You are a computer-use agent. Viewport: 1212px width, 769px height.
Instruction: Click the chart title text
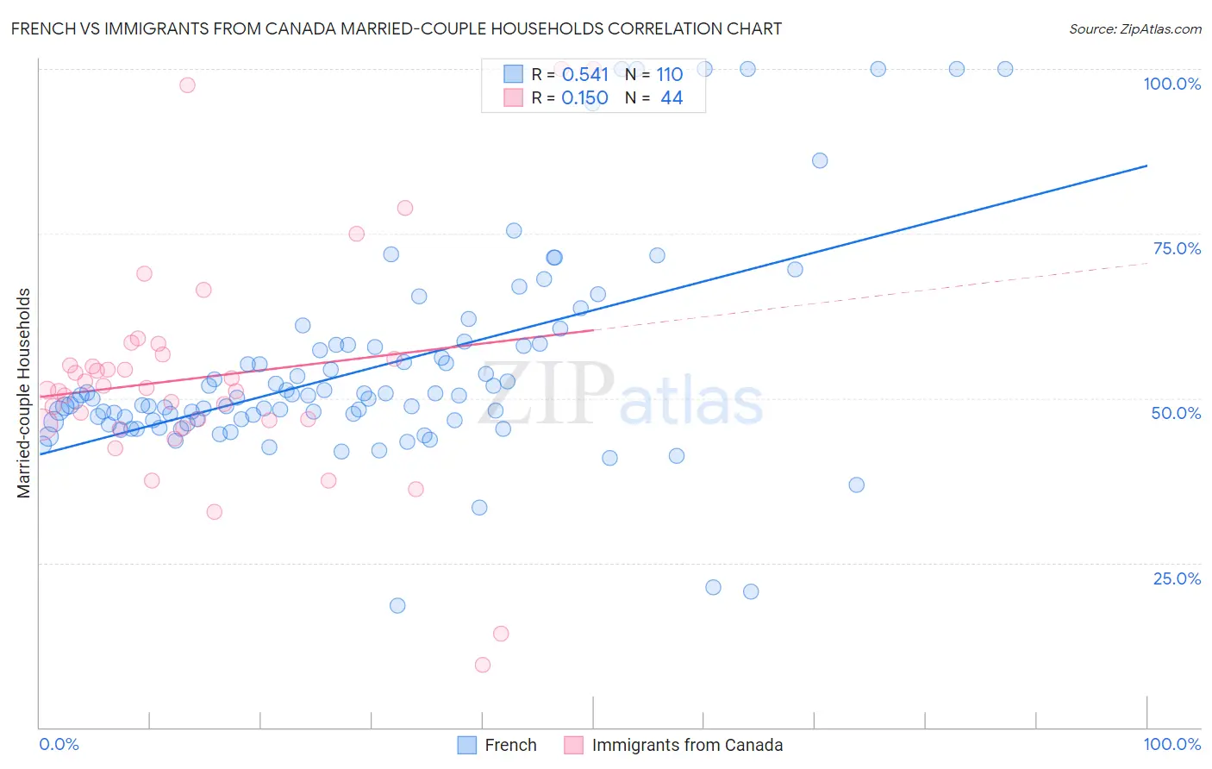(396, 28)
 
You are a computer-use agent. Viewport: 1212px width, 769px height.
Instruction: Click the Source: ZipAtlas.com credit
(1134, 28)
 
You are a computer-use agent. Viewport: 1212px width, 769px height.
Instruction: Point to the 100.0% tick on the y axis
(1171, 84)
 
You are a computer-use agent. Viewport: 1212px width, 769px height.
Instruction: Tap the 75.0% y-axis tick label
(1177, 248)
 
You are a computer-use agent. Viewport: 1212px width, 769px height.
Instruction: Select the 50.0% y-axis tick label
(1176, 413)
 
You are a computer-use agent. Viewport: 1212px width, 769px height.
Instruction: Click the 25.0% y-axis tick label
(1177, 578)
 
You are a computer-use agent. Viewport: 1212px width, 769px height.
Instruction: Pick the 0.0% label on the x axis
(59, 744)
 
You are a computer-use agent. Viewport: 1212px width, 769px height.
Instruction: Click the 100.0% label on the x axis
(1171, 744)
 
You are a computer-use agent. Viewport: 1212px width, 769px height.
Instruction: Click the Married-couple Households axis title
(24, 393)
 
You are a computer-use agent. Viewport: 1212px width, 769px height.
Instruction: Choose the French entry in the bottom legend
(510, 745)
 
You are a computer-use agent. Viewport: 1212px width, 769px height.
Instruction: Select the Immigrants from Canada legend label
(687, 745)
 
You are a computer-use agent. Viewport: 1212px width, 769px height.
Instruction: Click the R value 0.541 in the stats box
(584, 75)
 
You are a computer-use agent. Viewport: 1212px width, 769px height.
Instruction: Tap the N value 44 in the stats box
(672, 98)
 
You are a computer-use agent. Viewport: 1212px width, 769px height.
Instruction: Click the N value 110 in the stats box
(669, 75)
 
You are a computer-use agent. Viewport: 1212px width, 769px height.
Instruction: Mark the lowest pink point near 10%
(483, 665)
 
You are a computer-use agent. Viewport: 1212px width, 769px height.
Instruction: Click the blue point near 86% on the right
(820, 160)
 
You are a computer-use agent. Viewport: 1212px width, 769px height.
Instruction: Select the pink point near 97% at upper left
(187, 84)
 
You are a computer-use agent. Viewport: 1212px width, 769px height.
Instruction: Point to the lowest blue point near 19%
(397, 605)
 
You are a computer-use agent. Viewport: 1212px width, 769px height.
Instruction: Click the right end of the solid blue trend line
(1146, 166)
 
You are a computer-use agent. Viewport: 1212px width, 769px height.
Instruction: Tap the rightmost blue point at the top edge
(1005, 69)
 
